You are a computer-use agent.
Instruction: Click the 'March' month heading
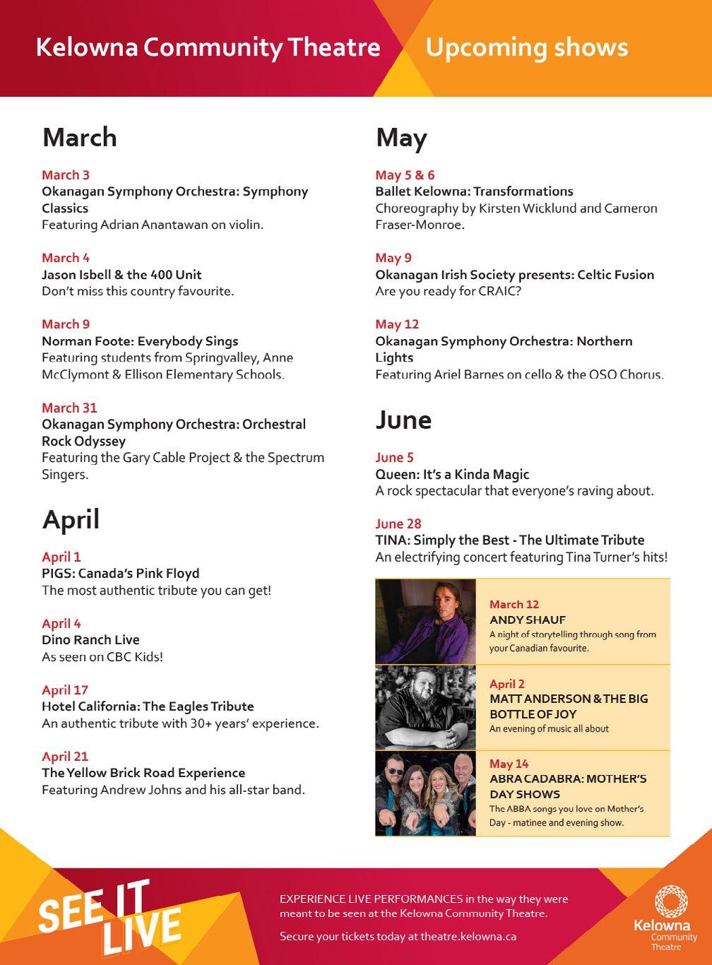pos(80,137)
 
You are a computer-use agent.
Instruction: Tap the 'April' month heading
pos(71,519)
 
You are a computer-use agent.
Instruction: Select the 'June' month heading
pos(403,420)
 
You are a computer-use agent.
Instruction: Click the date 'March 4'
pos(66,258)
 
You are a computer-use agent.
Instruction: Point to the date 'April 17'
pos(65,690)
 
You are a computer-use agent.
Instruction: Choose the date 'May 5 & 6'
pos(405,175)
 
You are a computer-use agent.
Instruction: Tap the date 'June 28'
pos(398,523)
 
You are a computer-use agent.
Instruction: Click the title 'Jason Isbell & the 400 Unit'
pos(121,275)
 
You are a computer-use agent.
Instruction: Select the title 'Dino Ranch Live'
pos(90,640)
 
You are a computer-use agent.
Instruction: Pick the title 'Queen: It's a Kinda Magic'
pos(452,474)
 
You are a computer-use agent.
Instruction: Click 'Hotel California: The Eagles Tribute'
pos(148,706)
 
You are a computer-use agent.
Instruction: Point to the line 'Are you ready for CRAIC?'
pos(448,291)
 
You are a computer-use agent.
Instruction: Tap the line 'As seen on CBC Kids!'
pos(102,657)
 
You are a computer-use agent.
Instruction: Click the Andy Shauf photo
pos(426,622)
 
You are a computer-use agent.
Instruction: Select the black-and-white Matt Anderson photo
pos(426,707)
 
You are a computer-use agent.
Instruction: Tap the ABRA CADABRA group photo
pos(426,793)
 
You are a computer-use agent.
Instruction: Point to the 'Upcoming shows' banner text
pos(526,47)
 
